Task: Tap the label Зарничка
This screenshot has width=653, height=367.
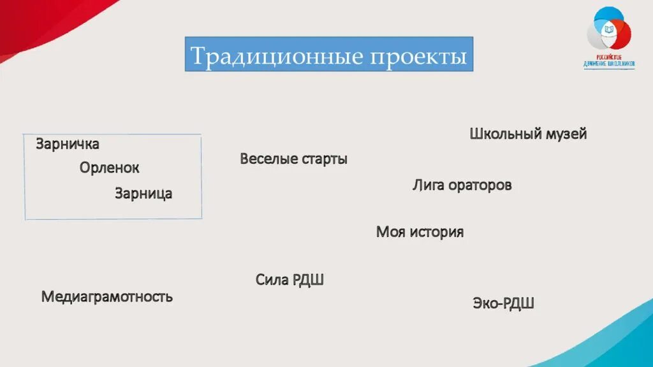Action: (x=68, y=144)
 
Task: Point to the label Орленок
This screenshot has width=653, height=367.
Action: (x=109, y=168)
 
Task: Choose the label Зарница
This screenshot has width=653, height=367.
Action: (x=143, y=193)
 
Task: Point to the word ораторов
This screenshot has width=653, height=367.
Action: (x=480, y=185)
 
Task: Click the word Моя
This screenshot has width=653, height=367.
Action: (x=390, y=232)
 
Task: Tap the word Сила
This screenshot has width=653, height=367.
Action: (x=272, y=279)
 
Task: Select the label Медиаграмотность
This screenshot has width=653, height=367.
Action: (x=106, y=296)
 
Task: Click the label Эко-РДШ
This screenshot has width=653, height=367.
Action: (x=503, y=303)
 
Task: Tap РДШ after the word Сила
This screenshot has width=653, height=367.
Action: (x=309, y=279)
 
